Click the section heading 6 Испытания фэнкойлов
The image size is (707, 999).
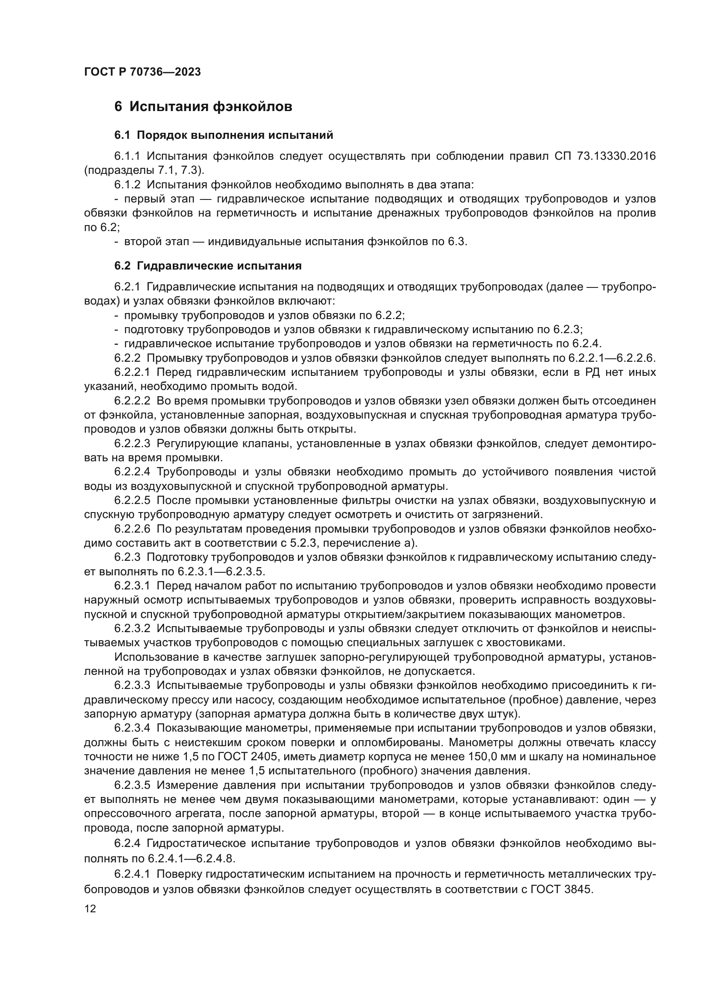203,107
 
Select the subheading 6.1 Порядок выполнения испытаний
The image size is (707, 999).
224,135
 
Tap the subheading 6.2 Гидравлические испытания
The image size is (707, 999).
208,266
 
